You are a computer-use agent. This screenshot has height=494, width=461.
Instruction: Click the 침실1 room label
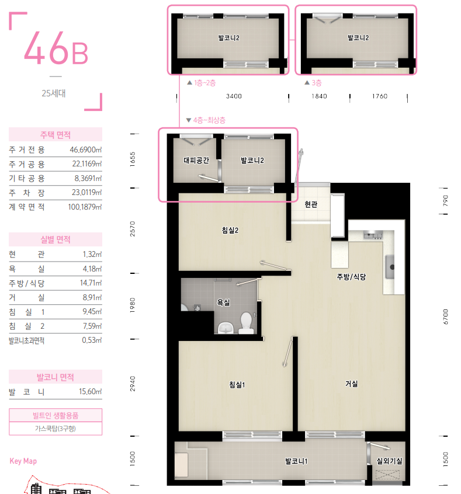click(x=237, y=384)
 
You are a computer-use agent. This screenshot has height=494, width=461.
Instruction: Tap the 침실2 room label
click(x=230, y=230)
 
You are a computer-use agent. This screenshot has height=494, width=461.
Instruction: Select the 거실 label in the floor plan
click(x=351, y=384)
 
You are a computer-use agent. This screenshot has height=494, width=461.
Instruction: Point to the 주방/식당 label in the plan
click(x=351, y=277)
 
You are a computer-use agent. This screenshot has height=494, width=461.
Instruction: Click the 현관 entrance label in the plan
click(x=311, y=204)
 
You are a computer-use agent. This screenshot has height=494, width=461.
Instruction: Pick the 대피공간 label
click(x=196, y=160)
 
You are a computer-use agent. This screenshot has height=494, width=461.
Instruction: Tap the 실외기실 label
click(x=389, y=461)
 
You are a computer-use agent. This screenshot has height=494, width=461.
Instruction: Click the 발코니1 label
click(x=296, y=461)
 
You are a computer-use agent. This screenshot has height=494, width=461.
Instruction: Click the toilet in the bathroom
click(x=246, y=322)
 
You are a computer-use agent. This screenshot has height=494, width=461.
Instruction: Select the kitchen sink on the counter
click(x=390, y=267)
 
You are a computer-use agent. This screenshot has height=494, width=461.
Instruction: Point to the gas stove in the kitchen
click(x=373, y=235)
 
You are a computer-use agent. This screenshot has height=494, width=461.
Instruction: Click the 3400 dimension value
click(x=234, y=96)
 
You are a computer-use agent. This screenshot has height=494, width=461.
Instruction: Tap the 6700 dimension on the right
click(x=445, y=316)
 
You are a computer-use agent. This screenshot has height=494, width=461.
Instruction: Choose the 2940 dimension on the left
click(x=133, y=384)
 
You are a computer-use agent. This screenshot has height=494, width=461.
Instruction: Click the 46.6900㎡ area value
click(x=85, y=149)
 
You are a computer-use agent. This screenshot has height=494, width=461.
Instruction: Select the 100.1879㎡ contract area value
click(x=85, y=207)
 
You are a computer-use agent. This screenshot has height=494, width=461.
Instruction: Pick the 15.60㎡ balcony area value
click(x=90, y=391)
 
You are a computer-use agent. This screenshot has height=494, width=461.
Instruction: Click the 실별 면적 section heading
click(x=56, y=239)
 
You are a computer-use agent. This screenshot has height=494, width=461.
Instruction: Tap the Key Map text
click(x=23, y=461)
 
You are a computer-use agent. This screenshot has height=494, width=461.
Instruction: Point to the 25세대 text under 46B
click(x=54, y=93)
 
